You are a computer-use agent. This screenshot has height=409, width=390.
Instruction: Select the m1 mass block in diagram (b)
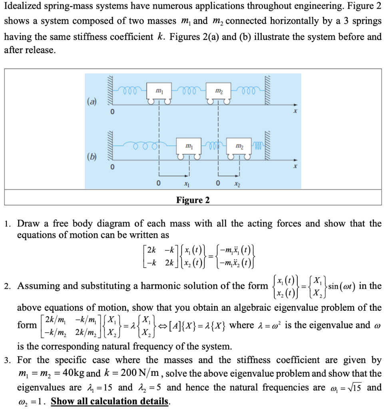[x=187, y=147]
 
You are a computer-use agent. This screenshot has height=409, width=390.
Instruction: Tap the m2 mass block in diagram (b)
[x=238, y=147]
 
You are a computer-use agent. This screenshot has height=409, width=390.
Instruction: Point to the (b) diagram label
[x=92, y=155]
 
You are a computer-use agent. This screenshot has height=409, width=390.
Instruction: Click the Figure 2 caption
[x=193, y=200]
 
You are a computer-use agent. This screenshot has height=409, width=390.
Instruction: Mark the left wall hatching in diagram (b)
[x=111, y=146]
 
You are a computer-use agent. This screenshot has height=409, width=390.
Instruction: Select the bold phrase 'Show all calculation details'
[x=109, y=401]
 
